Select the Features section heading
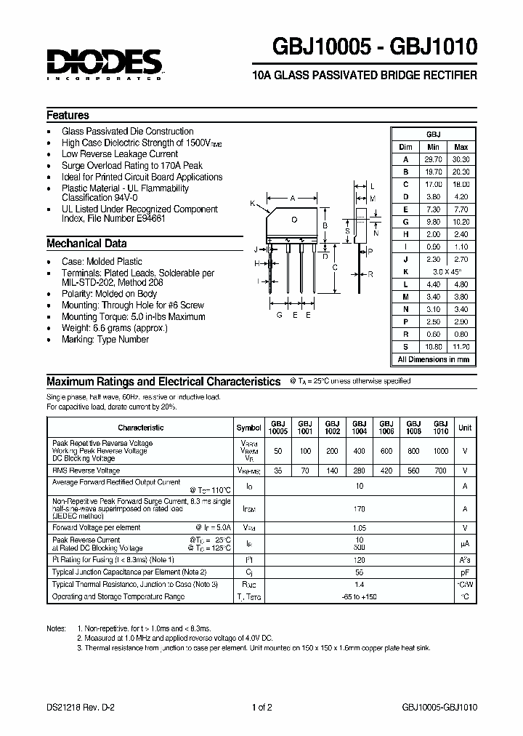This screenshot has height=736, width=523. pyautogui.click(x=68, y=115)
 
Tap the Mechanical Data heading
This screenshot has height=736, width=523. pyautogui.click(x=86, y=244)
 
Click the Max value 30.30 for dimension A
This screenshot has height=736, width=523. pyautogui.click(x=461, y=159)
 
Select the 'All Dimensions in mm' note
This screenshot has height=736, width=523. pyautogui.click(x=434, y=359)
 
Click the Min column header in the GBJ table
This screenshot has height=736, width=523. pyautogui.click(x=433, y=147)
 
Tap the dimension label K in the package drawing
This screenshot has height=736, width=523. pyautogui.click(x=253, y=204)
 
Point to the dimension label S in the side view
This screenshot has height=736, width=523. pyautogui.click(x=348, y=231)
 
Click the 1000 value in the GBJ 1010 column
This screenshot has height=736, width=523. pyautogui.click(x=440, y=451)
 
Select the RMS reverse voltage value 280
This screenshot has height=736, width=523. pyautogui.click(x=359, y=471)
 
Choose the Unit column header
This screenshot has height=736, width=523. pyautogui.click(x=465, y=428)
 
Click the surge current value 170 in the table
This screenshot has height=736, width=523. pyautogui.click(x=360, y=510)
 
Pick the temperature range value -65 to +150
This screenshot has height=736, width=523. pyautogui.click(x=360, y=596)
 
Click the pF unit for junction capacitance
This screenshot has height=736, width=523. pyautogui.click(x=465, y=572)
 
